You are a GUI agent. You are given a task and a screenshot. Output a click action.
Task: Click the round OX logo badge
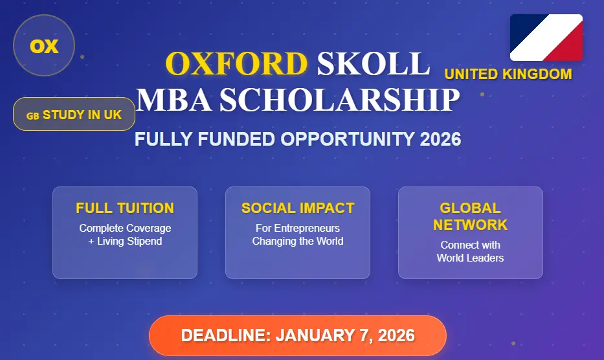click(x=44, y=46)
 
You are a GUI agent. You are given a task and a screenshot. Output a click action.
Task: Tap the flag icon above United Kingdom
click(x=546, y=38)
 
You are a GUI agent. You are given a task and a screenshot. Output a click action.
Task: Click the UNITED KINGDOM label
click(x=508, y=74)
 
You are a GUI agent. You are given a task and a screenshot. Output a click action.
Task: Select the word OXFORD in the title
click(x=236, y=63)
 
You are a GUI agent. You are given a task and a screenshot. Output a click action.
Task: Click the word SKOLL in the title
click(x=373, y=63)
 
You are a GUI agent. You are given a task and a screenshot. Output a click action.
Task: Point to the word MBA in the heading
click(x=173, y=100)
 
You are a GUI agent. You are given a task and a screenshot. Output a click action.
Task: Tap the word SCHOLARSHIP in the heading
click(x=339, y=100)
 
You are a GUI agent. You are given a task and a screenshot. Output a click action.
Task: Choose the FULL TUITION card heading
click(x=125, y=208)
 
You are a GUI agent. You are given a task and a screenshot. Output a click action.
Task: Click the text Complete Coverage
click(x=125, y=228)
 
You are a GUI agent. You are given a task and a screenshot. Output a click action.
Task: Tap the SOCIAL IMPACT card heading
click(x=298, y=208)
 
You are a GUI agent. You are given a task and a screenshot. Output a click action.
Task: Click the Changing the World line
click(x=298, y=242)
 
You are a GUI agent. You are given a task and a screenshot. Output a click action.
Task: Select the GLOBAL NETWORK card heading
click(x=470, y=216)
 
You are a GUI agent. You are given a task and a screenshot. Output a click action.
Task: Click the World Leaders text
click(x=470, y=258)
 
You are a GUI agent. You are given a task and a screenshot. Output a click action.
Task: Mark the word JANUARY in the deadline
click(x=313, y=336)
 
